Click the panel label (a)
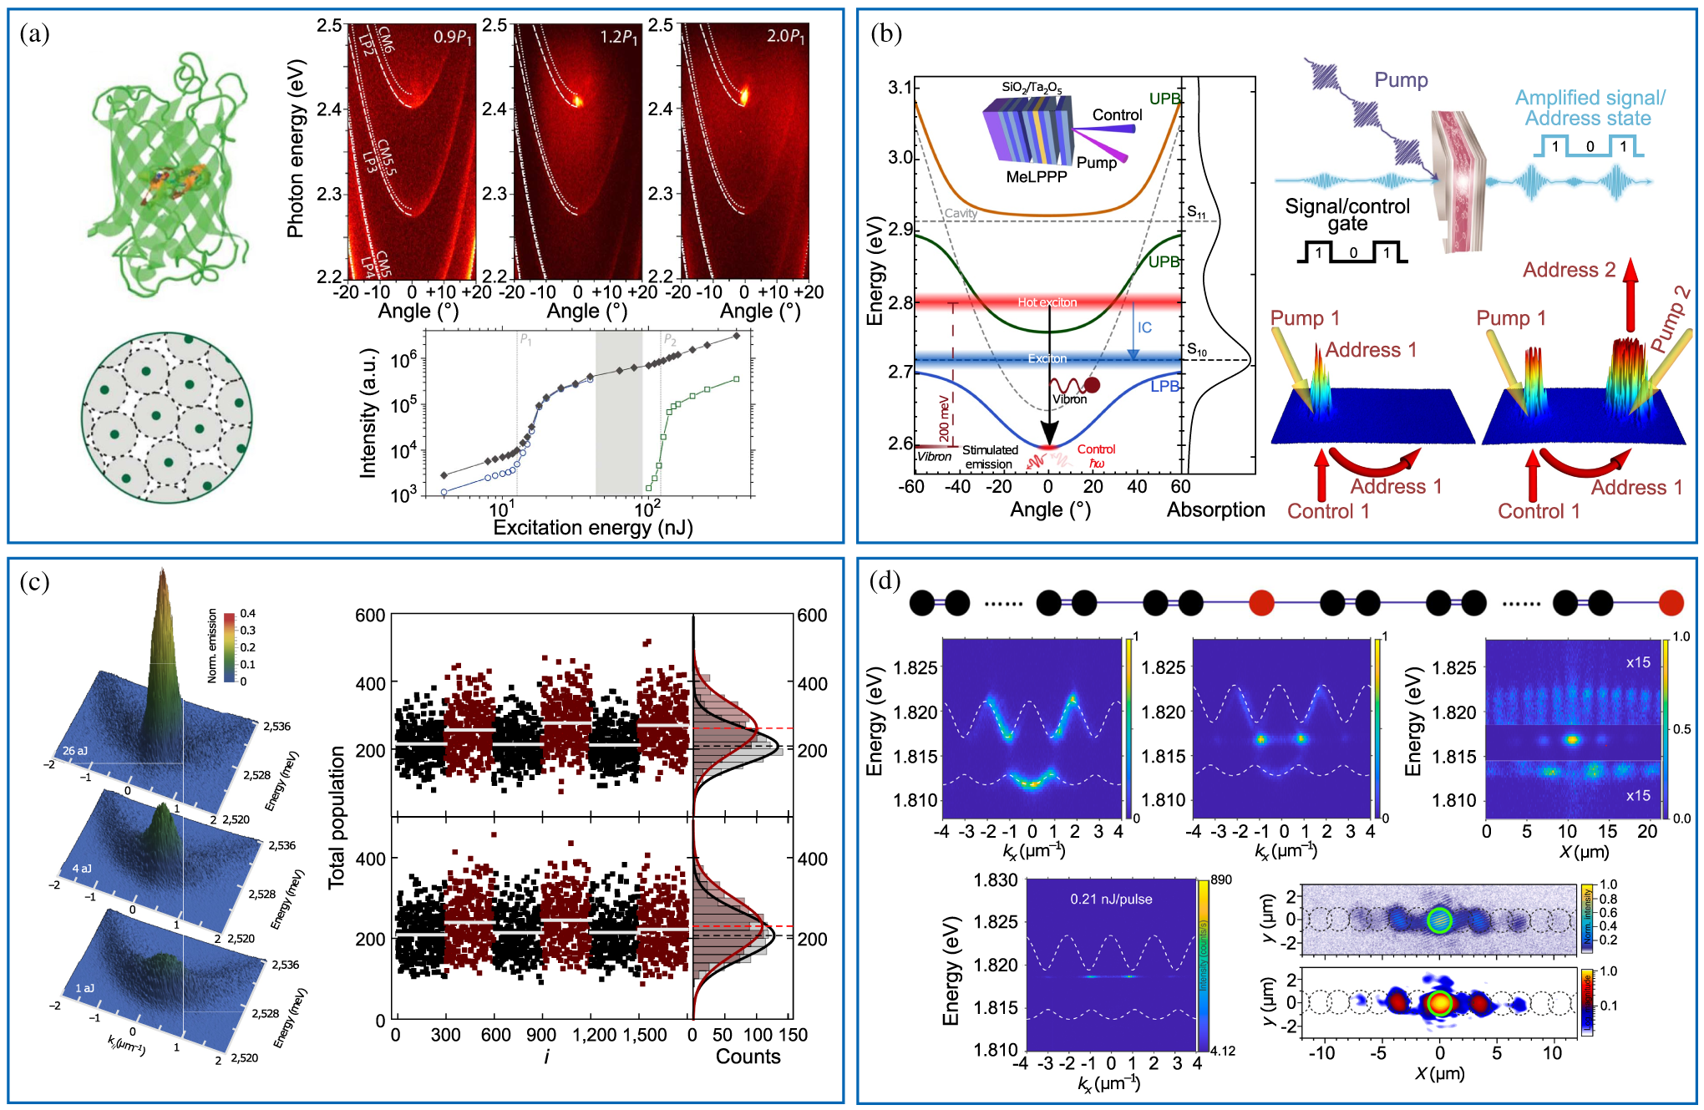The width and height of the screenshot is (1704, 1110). pos(34,33)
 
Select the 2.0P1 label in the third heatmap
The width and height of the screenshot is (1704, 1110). pos(785,38)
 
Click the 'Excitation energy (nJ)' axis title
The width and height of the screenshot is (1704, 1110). pos(592,528)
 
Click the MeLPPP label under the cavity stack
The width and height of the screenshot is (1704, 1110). pos(1036,177)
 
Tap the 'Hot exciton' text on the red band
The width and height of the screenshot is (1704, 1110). pos(1047,302)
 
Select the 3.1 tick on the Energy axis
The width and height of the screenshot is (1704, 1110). pos(900,88)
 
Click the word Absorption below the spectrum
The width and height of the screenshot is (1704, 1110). pos(1215,510)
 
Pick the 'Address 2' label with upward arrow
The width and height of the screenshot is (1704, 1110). pos(1569,270)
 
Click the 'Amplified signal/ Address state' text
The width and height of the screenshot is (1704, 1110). pos(1589,109)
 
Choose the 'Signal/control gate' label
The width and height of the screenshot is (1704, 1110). pos(1346,215)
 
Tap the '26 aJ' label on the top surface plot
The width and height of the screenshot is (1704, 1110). pos(75,751)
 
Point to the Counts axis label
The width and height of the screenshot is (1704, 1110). pos(748,1057)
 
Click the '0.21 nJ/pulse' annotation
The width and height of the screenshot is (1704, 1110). pos(1111,900)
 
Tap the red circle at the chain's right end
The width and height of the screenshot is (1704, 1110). pos(1671,602)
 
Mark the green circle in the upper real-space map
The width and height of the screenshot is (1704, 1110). pos(1438,920)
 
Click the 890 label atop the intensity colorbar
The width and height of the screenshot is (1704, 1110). pos(1221,879)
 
